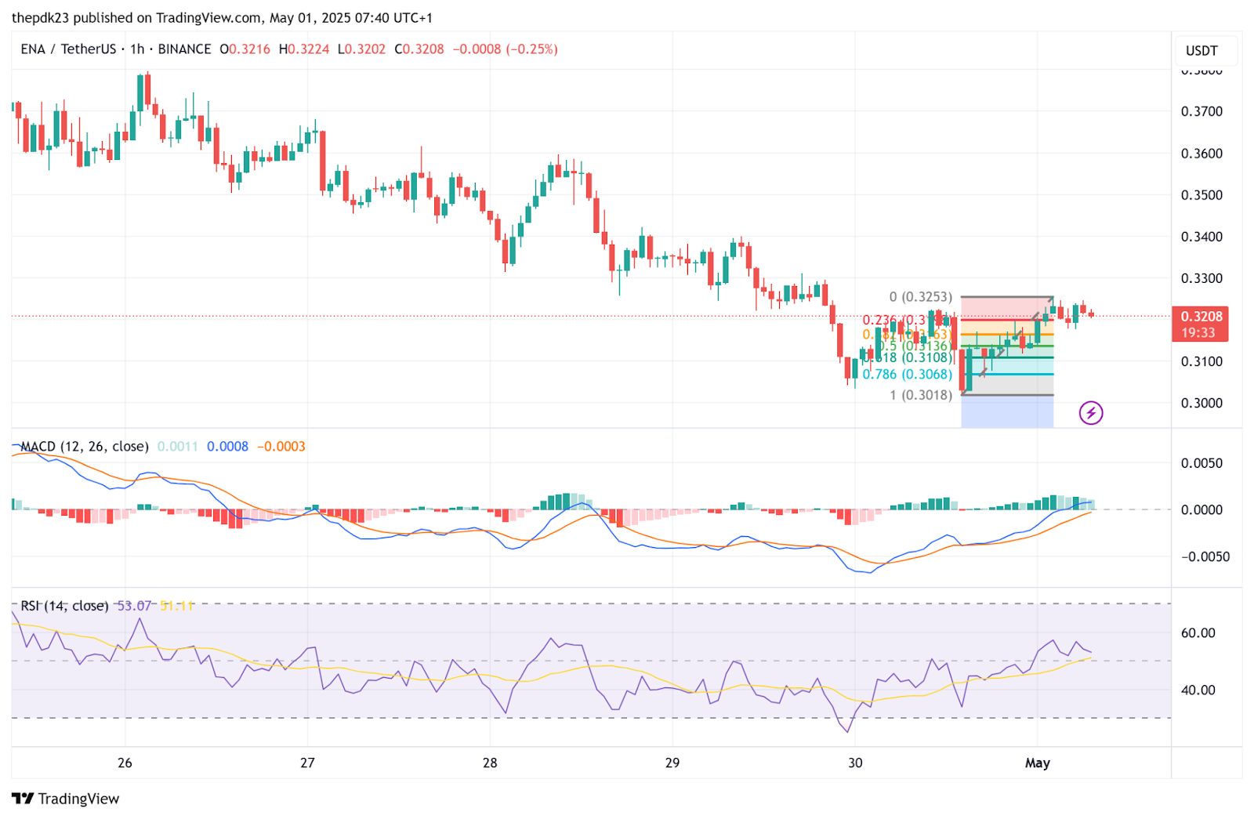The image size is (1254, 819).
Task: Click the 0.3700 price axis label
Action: coord(1201,111)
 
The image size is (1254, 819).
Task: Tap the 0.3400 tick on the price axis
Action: coord(1201,237)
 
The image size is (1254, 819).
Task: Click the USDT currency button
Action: coord(1201,51)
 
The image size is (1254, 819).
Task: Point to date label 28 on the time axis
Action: coord(490,763)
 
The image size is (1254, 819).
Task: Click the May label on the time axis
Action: coord(1037,763)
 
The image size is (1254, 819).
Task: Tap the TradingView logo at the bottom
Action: coord(66,799)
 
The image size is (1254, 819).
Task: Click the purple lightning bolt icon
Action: coord(1091,412)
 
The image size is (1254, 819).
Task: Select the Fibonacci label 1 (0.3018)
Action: coord(921,395)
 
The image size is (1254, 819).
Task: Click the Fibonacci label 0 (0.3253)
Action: coord(921,297)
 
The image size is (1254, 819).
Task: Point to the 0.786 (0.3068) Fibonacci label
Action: coord(908,375)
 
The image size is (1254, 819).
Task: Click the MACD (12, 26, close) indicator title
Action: coord(84,447)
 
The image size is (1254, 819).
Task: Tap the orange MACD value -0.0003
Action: coord(281,447)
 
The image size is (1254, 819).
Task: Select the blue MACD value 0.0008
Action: coord(227,447)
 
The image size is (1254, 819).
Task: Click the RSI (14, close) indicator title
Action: coord(64,606)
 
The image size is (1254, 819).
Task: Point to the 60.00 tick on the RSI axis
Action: coord(1198,633)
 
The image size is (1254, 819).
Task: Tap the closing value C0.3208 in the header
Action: coord(419,49)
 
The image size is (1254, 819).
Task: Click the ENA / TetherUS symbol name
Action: coord(68,49)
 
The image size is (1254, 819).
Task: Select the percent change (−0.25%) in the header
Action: coord(532,49)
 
